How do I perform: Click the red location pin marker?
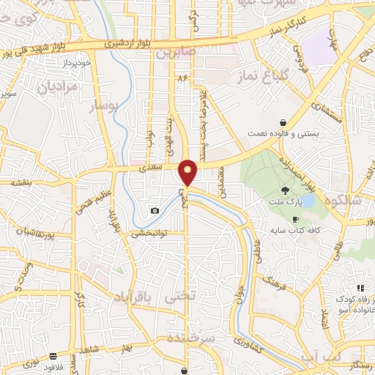coord(188,173)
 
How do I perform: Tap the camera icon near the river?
coord(155,211)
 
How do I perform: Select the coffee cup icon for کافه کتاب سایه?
coord(296,220)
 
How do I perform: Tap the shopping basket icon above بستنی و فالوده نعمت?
coord(283,123)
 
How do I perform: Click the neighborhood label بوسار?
coord(103,107)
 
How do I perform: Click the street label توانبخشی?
coord(149,234)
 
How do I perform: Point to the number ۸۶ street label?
coord(182,77)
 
